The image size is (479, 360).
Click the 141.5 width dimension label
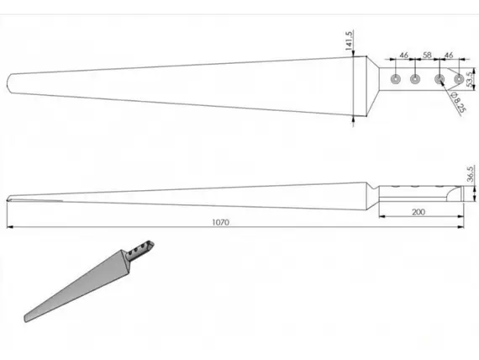pyautogui.click(x=349, y=40)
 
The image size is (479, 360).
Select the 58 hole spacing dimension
pyautogui.click(x=427, y=55)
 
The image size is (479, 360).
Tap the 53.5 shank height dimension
pyautogui.click(x=471, y=78)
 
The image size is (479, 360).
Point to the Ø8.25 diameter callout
pyautogui.click(x=458, y=103)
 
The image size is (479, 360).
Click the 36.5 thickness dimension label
pyautogui.click(x=471, y=174)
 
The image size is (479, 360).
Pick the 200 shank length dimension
pyautogui.click(x=418, y=212)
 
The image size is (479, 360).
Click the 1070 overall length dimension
pyautogui.click(x=220, y=222)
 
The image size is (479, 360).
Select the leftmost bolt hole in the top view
pyautogui.click(x=396, y=79)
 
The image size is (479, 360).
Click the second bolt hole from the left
pyautogui.click(x=415, y=79)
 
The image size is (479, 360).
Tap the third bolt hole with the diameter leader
pyautogui.click(x=440, y=79)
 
